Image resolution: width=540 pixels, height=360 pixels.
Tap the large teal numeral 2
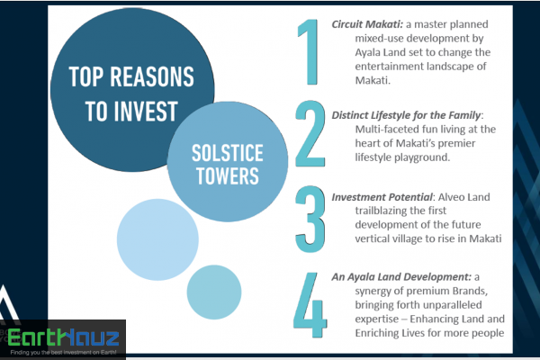point(310,134)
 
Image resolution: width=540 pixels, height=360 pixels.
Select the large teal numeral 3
point(310,219)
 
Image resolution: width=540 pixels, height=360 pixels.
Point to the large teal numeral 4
point(310,305)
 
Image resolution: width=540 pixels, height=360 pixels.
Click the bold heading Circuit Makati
point(367,24)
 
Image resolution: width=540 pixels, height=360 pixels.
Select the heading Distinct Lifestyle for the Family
point(406,115)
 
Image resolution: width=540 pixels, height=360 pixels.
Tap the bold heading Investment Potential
point(382,197)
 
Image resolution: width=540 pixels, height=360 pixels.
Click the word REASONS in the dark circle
point(152,76)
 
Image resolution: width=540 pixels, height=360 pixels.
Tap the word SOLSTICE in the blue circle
point(228,153)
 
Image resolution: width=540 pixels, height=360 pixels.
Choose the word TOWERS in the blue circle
point(228,175)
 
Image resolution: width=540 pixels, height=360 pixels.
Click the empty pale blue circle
point(157,239)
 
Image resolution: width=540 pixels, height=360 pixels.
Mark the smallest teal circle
point(214,292)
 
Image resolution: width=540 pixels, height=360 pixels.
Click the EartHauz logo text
point(63,337)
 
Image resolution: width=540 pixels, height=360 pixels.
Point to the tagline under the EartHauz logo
point(63,353)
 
